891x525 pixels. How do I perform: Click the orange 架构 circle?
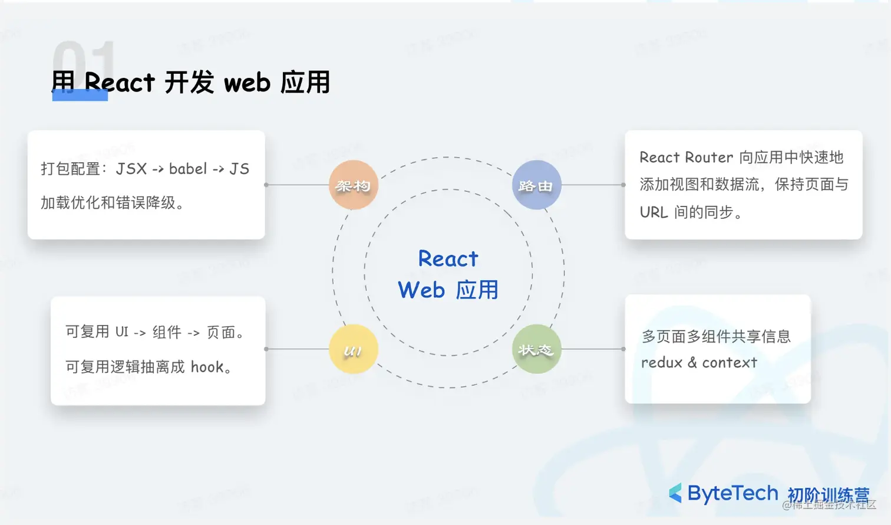coord(353,185)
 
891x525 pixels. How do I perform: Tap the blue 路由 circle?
coord(536,185)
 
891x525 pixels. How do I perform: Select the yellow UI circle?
coord(353,349)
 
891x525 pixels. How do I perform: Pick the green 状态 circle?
coord(536,349)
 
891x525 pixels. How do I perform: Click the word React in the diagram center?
coord(448,259)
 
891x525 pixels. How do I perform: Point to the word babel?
coord(188,169)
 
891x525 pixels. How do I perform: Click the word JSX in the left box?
coord(131,169)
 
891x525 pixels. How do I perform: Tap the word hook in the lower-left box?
coord(207,367)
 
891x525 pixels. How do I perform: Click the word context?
coord(730,363)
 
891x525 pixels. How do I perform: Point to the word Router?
coord(709,157)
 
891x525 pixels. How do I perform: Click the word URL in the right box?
coord(654,212)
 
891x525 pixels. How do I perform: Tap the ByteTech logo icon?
coord(675,493)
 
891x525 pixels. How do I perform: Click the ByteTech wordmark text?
coord(732,493)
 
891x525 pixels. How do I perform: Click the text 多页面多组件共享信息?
coord(716,337)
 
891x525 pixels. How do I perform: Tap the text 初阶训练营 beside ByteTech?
coord(828,494)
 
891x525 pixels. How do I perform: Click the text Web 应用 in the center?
coord(448,290)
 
